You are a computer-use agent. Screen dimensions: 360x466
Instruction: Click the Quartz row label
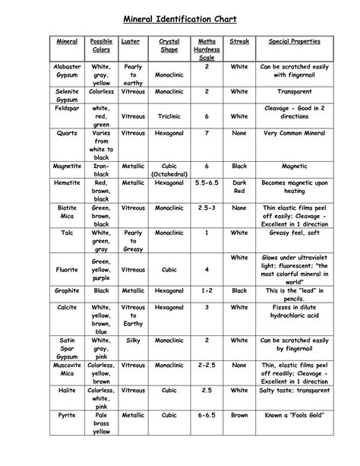(x=67, y=133)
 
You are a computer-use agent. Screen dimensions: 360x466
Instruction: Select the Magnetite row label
(x=67, y=165)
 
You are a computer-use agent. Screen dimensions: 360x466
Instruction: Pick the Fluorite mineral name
(x=67, y=269)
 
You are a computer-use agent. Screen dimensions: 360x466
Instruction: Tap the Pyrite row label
(x=67, y=416)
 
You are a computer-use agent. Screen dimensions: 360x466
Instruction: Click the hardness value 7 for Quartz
(x=207, y=133)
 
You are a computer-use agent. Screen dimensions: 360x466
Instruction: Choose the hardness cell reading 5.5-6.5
(x=207, y=183)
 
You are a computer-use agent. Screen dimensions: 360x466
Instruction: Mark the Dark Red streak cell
(x=239, y=188)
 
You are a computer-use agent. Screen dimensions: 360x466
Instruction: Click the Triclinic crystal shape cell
(x=169, y=116)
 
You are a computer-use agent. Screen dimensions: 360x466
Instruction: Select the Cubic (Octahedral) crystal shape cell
(x=169, y=170)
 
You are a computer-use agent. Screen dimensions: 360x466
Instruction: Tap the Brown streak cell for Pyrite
(x=239, y=416)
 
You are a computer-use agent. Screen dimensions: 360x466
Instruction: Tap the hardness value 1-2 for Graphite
(x=207, y=290)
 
